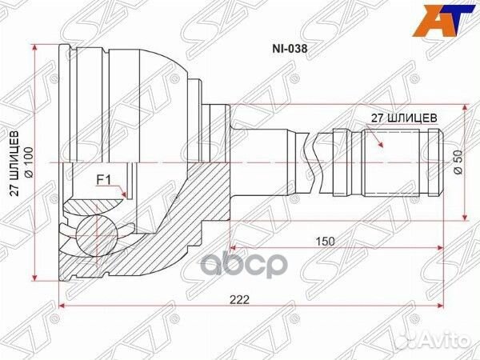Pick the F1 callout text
click(x=104, y=181)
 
